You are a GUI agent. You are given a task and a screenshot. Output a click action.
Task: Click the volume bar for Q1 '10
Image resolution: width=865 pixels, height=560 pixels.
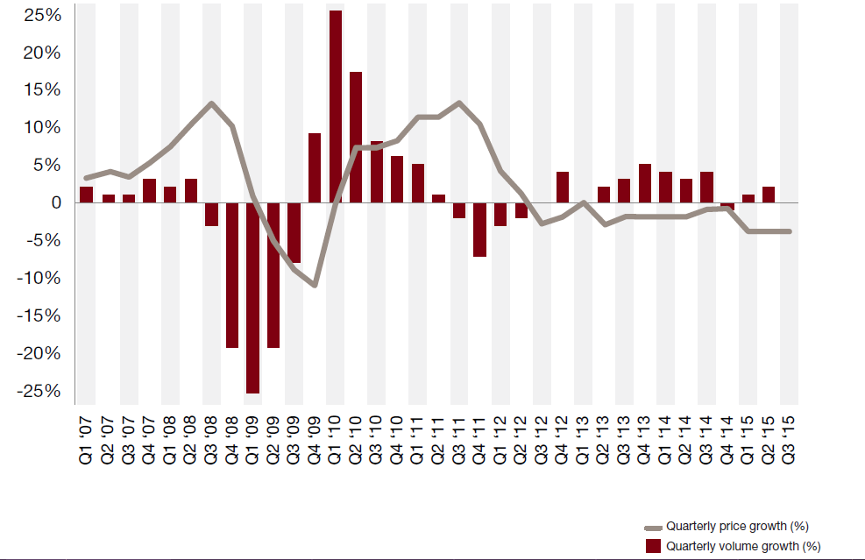[335, 106]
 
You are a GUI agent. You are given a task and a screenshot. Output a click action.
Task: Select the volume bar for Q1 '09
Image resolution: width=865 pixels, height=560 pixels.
[252, 298]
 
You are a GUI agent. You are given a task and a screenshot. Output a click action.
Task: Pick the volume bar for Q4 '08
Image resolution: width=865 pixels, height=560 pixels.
[231, 275]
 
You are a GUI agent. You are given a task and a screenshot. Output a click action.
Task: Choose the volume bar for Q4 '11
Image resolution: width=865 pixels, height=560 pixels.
[479, 230]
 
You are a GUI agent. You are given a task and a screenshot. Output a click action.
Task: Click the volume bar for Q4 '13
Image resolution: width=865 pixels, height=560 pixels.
[645, 183]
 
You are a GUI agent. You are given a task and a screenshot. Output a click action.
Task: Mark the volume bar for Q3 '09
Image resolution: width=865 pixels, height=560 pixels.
[294, 232]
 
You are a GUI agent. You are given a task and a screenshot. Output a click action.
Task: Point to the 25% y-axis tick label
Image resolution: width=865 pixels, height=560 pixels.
[42, 16]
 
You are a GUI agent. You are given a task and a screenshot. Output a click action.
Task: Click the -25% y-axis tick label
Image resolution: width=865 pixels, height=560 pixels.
[38, 391]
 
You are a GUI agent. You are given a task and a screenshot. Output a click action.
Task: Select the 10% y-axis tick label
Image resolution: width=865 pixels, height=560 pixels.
[42, 128]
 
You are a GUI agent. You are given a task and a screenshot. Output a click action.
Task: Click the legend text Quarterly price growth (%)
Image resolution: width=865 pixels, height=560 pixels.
[736, 526]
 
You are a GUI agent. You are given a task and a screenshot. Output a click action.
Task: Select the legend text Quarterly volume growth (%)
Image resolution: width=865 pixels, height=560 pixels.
[742, 546]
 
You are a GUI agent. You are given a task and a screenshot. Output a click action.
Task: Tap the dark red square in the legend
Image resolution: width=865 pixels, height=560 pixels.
[652, 546]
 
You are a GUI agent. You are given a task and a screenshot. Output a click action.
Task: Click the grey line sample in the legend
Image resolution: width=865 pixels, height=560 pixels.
[652, 527]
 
